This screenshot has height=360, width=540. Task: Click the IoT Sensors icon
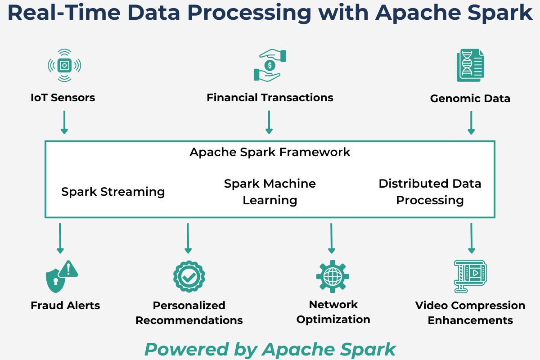pos(64,66)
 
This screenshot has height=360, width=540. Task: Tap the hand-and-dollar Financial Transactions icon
pos(270,66)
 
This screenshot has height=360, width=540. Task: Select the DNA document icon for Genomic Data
pos(470,66)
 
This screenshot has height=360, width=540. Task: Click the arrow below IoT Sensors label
pos(64,122)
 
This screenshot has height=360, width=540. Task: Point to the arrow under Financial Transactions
pos(269,122)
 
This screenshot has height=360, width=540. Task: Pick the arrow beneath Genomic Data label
pos(471,123)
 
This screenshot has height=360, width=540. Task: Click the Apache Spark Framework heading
pos(270,152)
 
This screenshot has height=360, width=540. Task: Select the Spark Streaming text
pos(113,192)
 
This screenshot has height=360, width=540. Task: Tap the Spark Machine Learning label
pos(270,192)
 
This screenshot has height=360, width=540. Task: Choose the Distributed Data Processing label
pos(430,192)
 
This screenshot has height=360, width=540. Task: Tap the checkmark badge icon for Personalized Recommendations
pos(189,276)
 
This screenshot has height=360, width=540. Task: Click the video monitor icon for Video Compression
pos(470,275)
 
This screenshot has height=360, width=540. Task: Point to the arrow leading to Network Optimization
pos(331,238)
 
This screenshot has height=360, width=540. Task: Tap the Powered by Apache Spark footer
pos(270,349)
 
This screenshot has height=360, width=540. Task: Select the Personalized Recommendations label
pos(189,313)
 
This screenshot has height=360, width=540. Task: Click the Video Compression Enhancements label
pos(470,313)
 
